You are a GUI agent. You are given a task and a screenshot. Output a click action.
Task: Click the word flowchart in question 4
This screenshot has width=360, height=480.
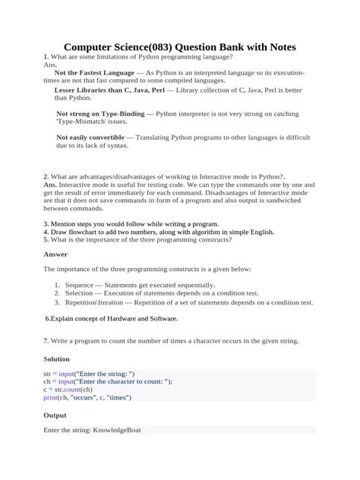pos(82,232)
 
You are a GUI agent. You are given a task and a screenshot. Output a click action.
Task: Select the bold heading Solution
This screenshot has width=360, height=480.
pos(57,358)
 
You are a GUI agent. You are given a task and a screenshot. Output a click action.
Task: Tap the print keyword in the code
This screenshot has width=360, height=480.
pos(51,396)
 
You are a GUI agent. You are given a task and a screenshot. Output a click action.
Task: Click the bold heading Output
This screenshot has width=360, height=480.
pos(55,415)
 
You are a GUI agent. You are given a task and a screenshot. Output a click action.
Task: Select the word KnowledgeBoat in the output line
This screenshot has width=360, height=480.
pos(117,430)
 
